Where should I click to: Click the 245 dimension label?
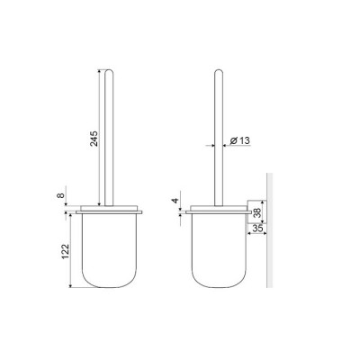click(94, 139)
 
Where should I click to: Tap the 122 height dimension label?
click(66, 251)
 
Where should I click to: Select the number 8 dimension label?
click(60, 195)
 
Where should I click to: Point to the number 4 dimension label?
click(175, 201)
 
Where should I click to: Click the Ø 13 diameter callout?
click(239, 140)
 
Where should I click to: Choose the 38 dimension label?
click(257, 212)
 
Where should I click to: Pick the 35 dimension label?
click(257, 229)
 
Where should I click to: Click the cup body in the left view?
click(109, 250)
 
